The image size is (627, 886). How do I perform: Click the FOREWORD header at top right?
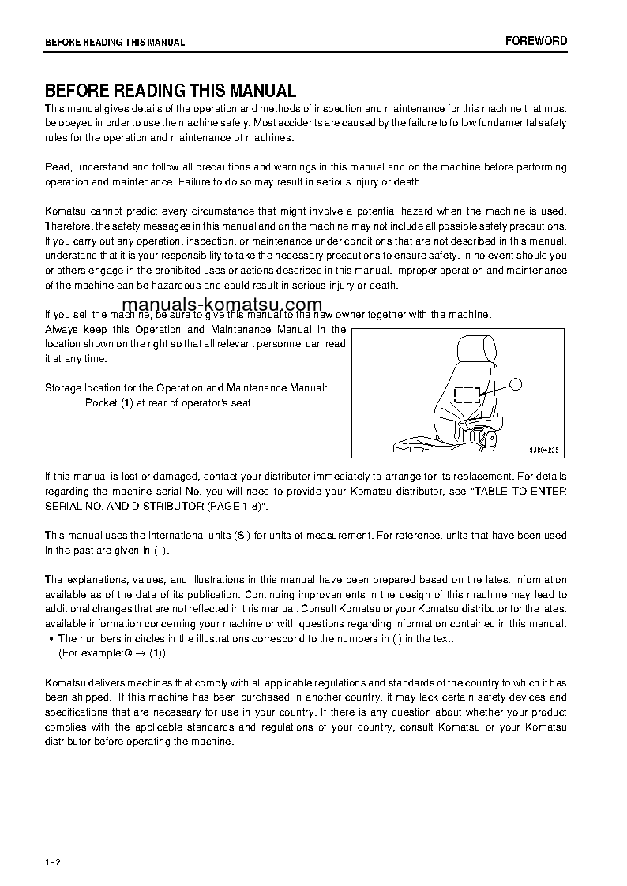tap(536, 41)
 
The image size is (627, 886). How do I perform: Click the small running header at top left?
tap(115, 43)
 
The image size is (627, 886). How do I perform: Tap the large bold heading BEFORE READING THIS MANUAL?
tap(171, 91)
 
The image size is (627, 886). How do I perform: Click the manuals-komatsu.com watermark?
tap(222, 305)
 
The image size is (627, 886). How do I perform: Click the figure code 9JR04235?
tap(543, 450)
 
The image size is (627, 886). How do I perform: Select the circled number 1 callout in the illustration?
tap(515, 384)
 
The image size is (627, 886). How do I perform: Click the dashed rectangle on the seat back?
tap(467, 394)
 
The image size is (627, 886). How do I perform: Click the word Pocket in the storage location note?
tap(100, 403)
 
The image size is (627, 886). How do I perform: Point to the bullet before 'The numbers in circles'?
tap(51, 639)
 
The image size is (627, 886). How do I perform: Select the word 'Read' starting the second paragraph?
tap(58, 167)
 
